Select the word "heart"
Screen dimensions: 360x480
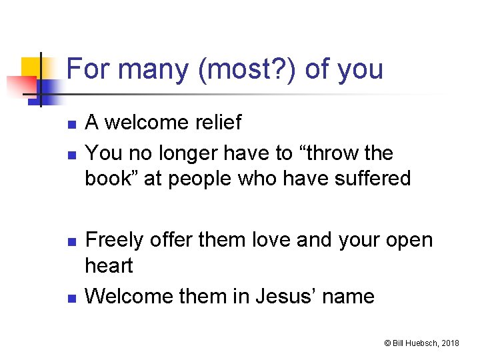(109, 265)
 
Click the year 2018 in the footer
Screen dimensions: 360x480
(451, 343)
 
